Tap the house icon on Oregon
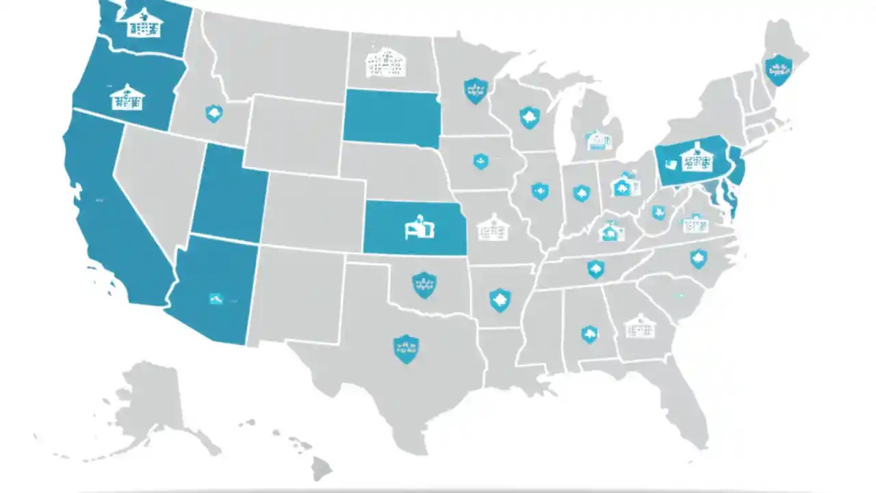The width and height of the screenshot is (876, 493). (x=128, y=97)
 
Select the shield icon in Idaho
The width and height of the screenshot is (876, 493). (x=214, y=113)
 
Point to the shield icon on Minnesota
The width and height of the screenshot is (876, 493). (x=476, y=90)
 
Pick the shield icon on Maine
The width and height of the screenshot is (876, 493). (x=778, y=69)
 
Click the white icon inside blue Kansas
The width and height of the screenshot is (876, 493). (x=420, y=228)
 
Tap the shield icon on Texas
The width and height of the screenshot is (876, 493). (x=406, y=349)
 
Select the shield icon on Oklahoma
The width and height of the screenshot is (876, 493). (x=424, y=284)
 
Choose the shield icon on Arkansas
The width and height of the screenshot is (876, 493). (x=500, y=299)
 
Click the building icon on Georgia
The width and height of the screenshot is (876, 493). (x=640, y=327)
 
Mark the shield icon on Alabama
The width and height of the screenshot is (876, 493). (x=589, y=335)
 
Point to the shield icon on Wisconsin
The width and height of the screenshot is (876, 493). (x=529, y=117)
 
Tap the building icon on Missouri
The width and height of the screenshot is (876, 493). (x=493, y=227)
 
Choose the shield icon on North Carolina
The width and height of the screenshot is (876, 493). (x=697, y=258)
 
